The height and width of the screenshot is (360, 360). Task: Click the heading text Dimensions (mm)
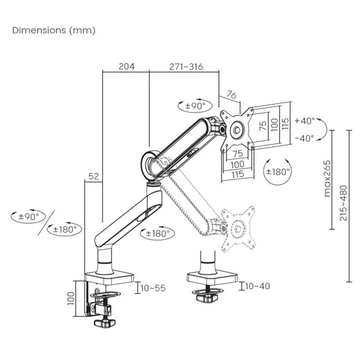pos(54,31)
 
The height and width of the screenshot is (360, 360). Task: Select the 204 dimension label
pos(127,67)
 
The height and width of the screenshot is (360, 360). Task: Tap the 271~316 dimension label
pos(186,67)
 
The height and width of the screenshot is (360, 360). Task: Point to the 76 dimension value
pos(232,95)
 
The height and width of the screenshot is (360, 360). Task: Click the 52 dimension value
pos(94,176)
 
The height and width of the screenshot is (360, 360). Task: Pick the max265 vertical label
pos(327,178)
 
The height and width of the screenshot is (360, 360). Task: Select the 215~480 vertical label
pos(343,203)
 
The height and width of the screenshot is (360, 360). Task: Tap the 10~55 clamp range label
pos(153,288)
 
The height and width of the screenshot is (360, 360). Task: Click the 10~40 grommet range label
pos(257,286)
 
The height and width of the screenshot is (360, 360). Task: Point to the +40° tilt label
pos(305,121)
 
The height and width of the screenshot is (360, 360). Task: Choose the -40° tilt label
pos(304,139)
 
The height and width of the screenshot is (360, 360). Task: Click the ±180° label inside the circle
pos(278,172)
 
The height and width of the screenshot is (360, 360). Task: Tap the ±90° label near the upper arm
pos(196,106)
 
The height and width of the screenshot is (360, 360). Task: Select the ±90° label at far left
pos(29,216)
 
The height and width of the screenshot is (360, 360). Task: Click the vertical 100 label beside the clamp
pos(71,298)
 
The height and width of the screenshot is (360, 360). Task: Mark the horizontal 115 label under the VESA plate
pos(238,174)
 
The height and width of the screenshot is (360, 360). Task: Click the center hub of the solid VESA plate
pos(237,130)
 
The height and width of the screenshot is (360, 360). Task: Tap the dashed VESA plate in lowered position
pos(238,229)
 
